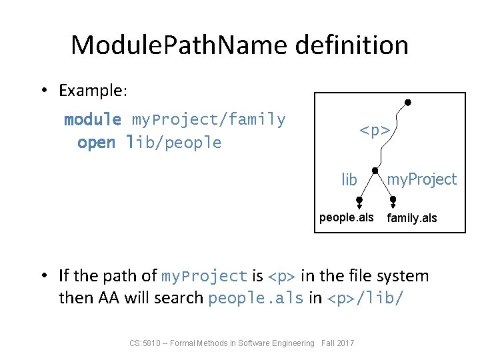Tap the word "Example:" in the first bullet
87,90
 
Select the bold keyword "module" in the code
93,120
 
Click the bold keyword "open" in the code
96,143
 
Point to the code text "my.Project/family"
209,120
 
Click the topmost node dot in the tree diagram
408,102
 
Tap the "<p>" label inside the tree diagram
375,131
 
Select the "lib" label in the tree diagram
349,180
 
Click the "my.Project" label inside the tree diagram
422,179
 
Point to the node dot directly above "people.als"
359,199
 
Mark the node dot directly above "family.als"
393,199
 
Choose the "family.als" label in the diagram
412,218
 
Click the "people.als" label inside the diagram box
347,217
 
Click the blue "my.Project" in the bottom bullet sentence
205,276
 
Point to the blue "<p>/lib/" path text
365,298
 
